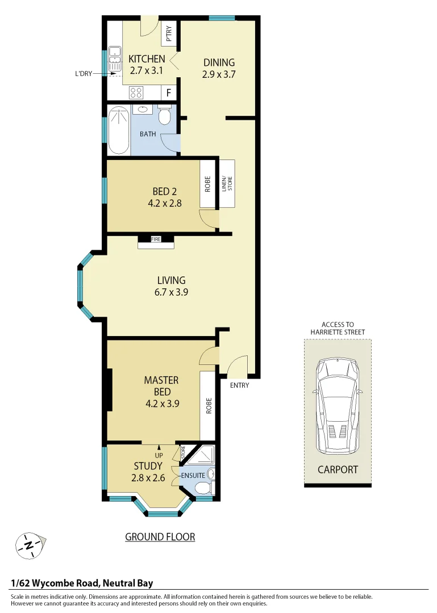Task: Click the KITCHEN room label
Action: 147,59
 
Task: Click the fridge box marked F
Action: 169,93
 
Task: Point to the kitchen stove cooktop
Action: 136,93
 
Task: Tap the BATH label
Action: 148,135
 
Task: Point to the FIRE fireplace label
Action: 156,240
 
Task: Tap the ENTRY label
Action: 239,386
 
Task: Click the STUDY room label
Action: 148,466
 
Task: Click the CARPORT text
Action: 338,469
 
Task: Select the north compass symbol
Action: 28,546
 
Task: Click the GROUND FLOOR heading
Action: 160,537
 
